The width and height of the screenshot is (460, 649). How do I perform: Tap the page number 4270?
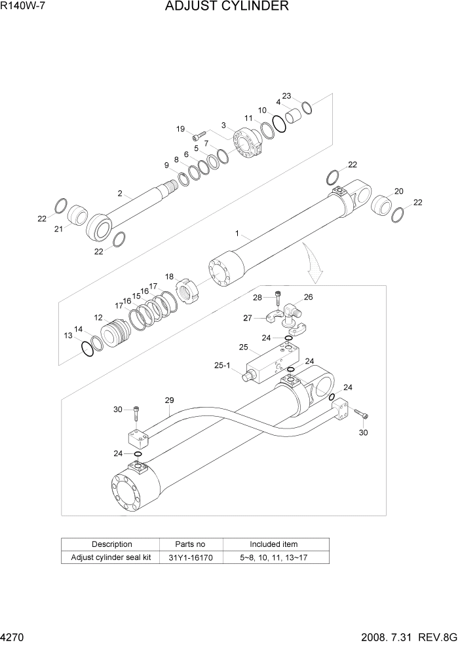[14, 637]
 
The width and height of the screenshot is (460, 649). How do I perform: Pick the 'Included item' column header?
[276, 544]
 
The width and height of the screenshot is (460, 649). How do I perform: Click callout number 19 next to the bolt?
[180, 129]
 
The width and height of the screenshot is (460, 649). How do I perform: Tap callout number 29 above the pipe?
[169, 400]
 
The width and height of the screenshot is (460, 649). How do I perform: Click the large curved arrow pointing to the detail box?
[313, 265]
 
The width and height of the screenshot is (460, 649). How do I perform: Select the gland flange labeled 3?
[246, 145]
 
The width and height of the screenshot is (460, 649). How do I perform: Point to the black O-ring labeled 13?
[86, 349]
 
